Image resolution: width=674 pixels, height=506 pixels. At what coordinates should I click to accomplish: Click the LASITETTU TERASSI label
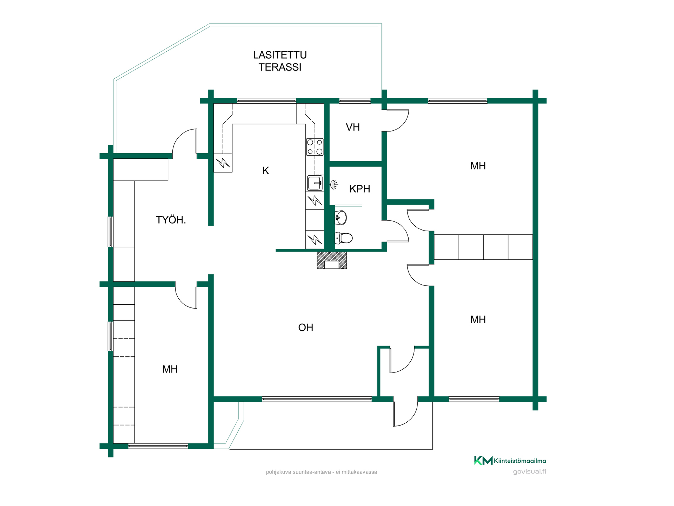(x=280, y=61)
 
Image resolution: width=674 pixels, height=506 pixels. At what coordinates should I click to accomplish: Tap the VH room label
(x=353, y=127)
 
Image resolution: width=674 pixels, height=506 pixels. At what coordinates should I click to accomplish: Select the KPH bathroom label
(x=359, y=189)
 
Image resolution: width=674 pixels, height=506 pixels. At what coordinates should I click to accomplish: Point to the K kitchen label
(x=266, y=171)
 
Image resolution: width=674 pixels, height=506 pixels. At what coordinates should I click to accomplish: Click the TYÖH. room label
(x=171, y=220)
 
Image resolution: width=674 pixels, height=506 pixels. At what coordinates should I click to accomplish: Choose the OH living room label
(x=305, y=327)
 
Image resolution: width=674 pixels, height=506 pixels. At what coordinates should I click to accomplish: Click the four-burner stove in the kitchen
(x=315, y=147)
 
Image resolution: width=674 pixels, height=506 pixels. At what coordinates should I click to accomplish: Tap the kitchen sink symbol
(x=315, y=183)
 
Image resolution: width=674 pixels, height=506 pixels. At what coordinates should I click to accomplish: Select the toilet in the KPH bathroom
(x=344, y=238)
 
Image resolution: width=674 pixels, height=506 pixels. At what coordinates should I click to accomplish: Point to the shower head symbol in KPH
(x=334, y=184)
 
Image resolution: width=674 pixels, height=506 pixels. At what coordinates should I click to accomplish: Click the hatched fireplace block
(x=332, y=260)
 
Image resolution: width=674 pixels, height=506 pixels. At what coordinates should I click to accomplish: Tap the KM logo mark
(x=483, y=460)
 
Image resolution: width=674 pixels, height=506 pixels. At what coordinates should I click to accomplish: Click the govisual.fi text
(x=529, y=472)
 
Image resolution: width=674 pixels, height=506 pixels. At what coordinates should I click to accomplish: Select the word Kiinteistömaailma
(x=520, y=461)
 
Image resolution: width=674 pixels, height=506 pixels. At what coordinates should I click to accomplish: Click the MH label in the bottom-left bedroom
(x=170, y=369)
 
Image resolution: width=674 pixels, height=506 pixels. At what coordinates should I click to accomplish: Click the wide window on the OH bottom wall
(x=317, y=399)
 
